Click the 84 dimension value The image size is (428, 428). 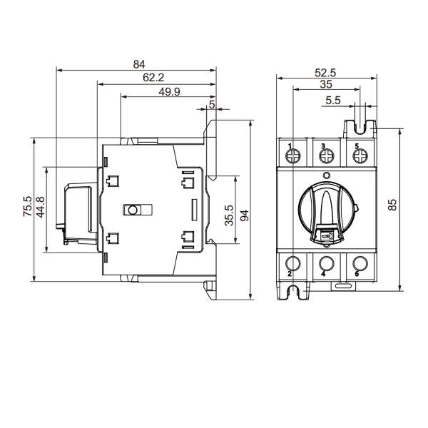[x=139, y=64]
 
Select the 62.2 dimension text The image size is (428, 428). [x=153, y=78]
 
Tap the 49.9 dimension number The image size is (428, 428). [x=169, y=92]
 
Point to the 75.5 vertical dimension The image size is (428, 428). [x=28, y=206]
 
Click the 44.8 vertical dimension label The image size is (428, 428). [x=41, y=207]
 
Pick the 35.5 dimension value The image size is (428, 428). [x=229, y=215]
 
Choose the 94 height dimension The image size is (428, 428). [x=244, y=215]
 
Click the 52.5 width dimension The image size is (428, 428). [x=325, y=73]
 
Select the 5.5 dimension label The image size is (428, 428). [x=333, y=101]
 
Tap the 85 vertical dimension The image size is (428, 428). [x=392, y=205]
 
